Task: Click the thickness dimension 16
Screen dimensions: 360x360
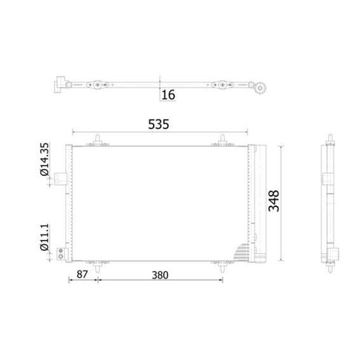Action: [168, 95]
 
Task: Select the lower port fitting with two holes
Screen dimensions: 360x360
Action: [61, 253]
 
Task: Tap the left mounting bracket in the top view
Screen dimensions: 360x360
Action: [97, 84]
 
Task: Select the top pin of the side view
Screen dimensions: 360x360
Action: [331, 139]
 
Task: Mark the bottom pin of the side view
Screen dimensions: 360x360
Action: [331, 267]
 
